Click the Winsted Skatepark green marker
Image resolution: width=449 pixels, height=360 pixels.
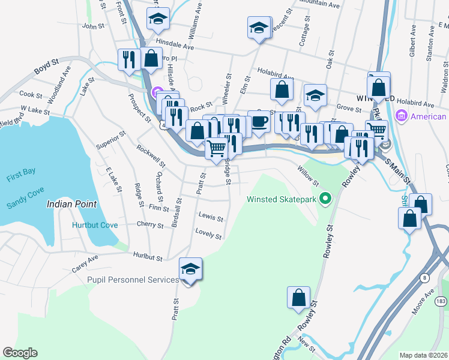pos(325,197)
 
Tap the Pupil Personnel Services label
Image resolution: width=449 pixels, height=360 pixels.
pos(133,280)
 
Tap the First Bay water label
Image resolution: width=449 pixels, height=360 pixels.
pos(21,172)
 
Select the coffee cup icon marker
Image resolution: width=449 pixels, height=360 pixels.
pos(259,121)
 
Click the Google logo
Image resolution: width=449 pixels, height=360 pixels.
pos(20,353)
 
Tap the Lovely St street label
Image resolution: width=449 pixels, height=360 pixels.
pos(208,233)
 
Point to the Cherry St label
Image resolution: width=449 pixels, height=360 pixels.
pos(150,225)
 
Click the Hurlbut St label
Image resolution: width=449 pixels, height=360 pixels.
pos(148,256)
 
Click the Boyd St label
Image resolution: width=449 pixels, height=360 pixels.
pos(46,66)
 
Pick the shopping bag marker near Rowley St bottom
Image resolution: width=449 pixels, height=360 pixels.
pos(298,298)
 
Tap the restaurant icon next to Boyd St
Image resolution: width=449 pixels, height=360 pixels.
pos(129,59)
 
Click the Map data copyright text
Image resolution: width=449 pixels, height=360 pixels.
pos(423,355)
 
